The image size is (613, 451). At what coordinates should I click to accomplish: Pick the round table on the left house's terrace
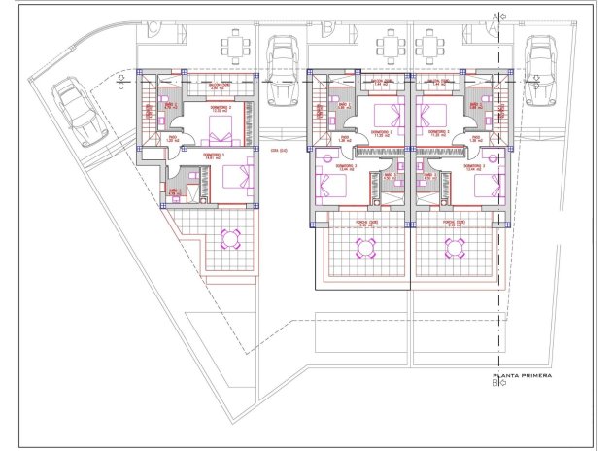pos(232,238)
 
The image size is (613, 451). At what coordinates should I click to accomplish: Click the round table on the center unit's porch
pos(365,248)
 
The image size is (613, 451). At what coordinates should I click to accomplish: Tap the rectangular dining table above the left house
pos(238,46)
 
